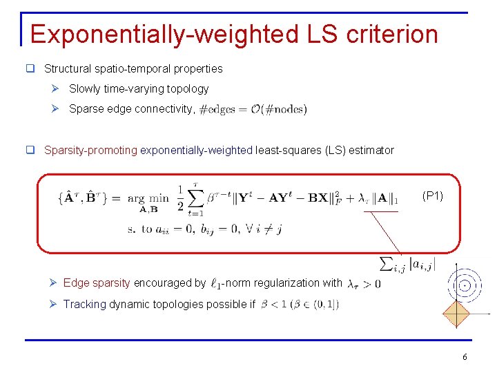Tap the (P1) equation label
tap(433, 196)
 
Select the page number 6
tap(465, 357)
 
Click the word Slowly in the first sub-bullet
tap(85, 88)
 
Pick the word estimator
tap(372, 150)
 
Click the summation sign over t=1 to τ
tap(197, 199)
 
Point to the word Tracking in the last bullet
tap(84, 304)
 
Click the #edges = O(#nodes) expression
tap(253, 109)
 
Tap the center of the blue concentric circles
tap(465, 283)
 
